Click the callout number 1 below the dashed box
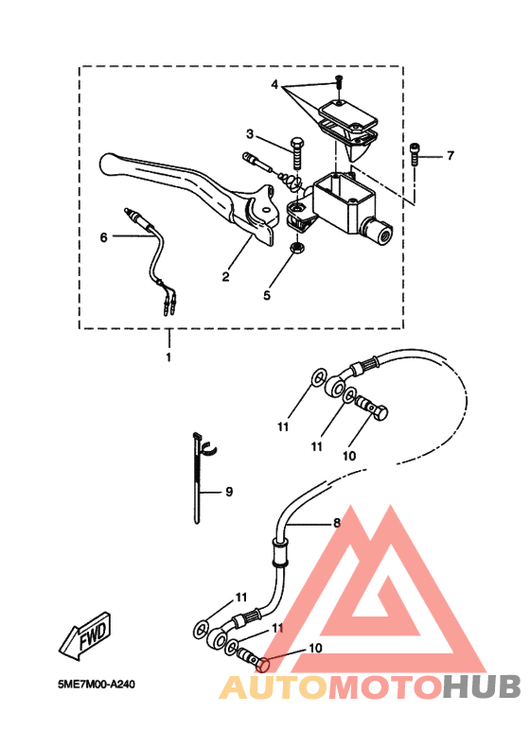(168, 356)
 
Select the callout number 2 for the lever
(225, 276)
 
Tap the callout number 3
(250, 134)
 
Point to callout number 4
(274, 85)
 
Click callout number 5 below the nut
(267, 295)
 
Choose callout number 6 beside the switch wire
(103, 236)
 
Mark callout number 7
(450, 155)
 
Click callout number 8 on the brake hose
(337, 523)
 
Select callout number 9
(229, 491)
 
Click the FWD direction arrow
(85, 635)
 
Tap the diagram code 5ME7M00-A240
(97, 684)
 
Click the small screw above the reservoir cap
(339, 83)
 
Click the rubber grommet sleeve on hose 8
(280, 551)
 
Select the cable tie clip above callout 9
(203, 445)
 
